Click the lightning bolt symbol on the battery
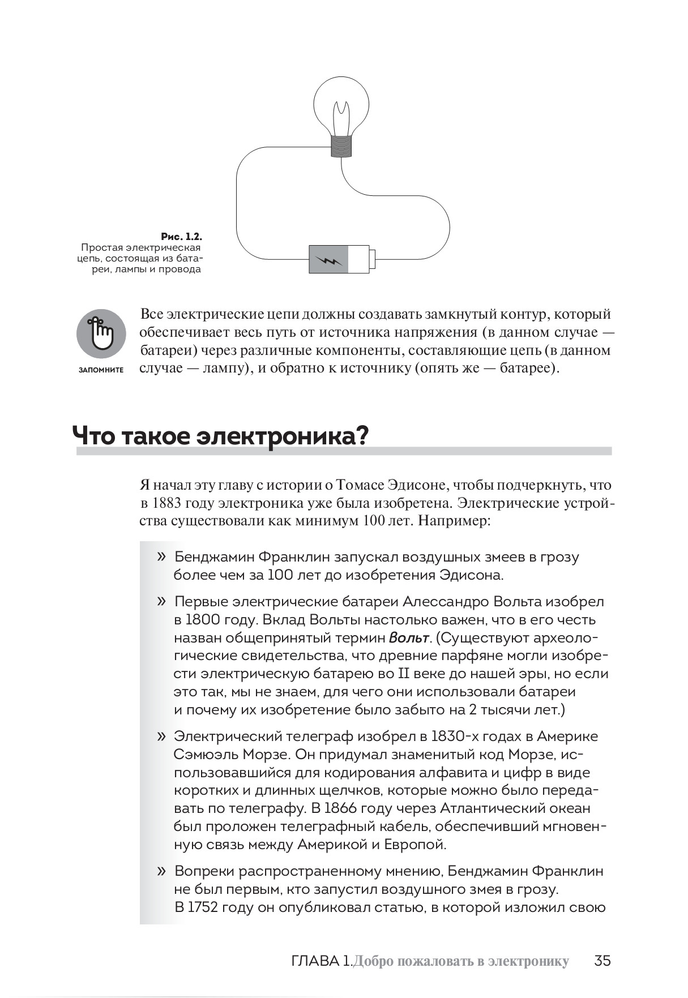[x=329, y=260]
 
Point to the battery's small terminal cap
[x=373, y=259]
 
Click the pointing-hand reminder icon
[x=101, y=333]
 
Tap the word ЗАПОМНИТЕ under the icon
[x=101, y=370]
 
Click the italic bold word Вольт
[x=409, y=638]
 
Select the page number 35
[x=602, y=961]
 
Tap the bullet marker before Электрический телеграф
[x=162, y=736]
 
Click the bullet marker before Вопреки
[x=162, y=871]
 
